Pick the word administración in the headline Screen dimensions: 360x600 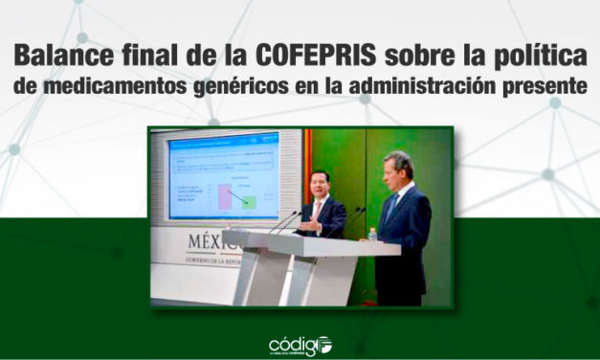425,85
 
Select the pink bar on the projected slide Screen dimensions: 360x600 224,196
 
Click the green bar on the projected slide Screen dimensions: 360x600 248,201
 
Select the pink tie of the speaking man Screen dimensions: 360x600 317,210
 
